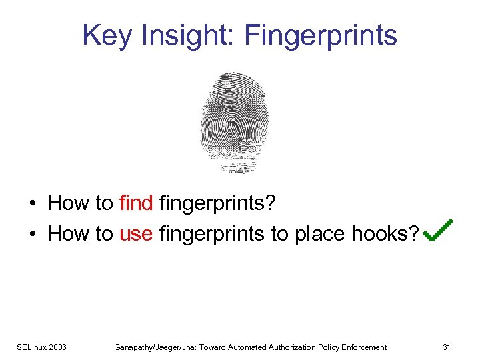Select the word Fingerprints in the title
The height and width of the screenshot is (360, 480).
coord(321,35)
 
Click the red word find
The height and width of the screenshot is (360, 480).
coord(137,203)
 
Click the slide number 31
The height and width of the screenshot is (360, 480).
coord(447,347)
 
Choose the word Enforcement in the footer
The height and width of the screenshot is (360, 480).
coord(362,347)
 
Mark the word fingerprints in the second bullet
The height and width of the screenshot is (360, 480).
coord(211,234)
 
